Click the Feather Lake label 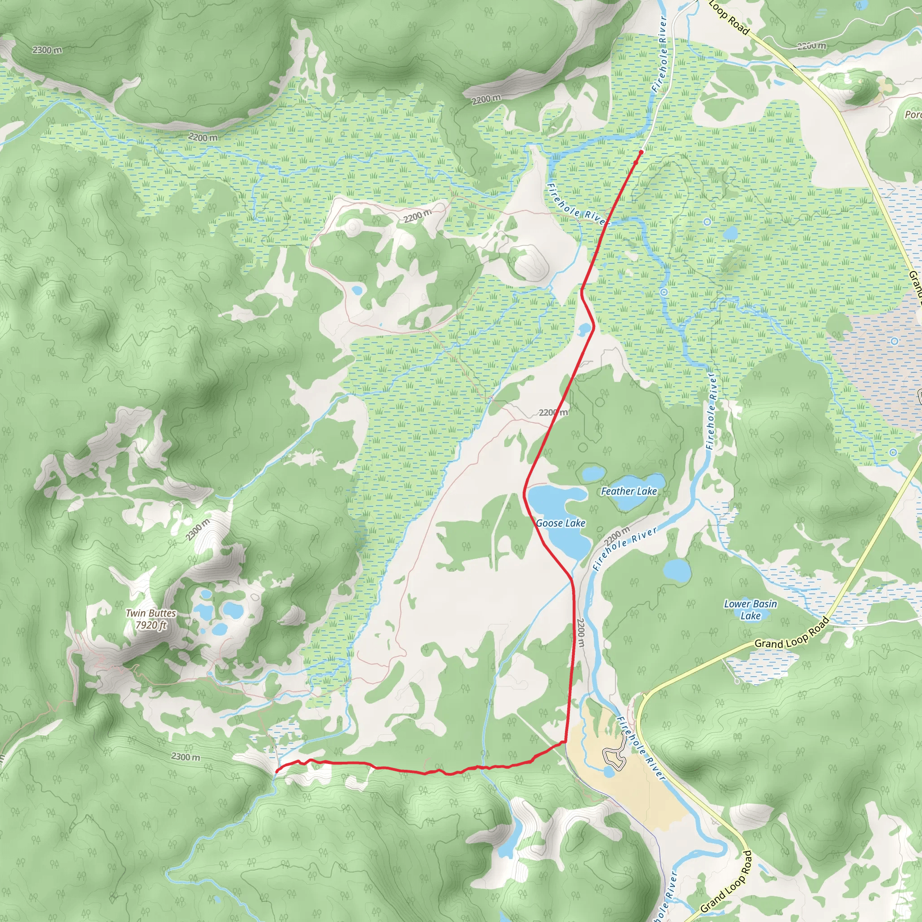point(628,491)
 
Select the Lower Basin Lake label point(750,610)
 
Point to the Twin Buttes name point(151,613)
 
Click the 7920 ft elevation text point(151,625)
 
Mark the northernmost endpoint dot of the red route point(641,152)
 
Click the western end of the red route point(277,770)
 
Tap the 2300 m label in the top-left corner point(47,50)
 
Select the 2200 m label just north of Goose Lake point(553,412)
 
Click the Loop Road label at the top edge point(729,17)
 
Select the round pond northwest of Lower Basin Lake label point(677,569)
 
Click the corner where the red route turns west point(565,741)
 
